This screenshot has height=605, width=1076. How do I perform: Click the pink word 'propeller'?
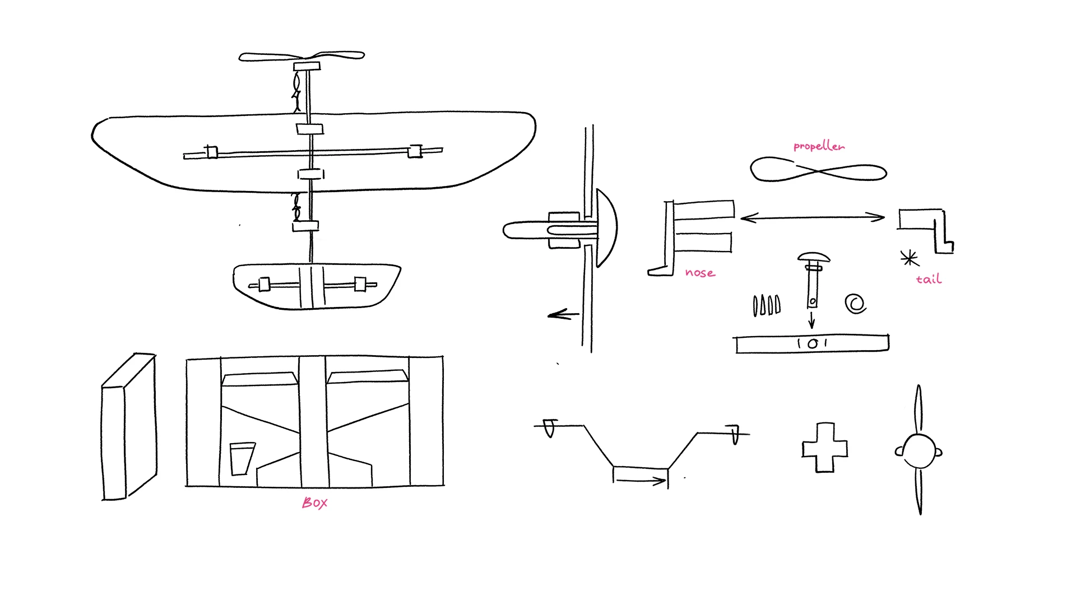819,146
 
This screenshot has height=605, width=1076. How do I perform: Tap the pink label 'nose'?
700,273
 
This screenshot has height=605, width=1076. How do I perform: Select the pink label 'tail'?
929,279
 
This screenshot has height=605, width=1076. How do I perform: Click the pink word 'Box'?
314,502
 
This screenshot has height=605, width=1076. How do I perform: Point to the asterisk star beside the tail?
909,258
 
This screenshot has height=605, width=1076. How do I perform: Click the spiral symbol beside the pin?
855,304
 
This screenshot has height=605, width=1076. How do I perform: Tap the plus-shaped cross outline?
824,448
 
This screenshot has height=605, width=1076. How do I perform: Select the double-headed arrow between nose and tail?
813,217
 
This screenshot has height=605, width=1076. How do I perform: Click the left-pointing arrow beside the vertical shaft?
563,315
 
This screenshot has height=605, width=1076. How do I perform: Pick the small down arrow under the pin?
811,320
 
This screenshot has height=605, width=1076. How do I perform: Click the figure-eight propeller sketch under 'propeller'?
818,170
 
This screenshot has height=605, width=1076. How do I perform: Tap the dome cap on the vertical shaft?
607,227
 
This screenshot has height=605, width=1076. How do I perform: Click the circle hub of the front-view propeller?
919,451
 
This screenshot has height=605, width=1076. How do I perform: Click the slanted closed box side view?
128,427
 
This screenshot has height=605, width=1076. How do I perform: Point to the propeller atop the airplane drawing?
302,56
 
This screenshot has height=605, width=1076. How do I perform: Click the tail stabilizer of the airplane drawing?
317,286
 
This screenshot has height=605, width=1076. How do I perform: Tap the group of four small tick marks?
766,305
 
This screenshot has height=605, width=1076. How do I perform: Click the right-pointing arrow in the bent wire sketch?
640,480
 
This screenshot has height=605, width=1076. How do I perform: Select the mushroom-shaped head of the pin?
814,258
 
